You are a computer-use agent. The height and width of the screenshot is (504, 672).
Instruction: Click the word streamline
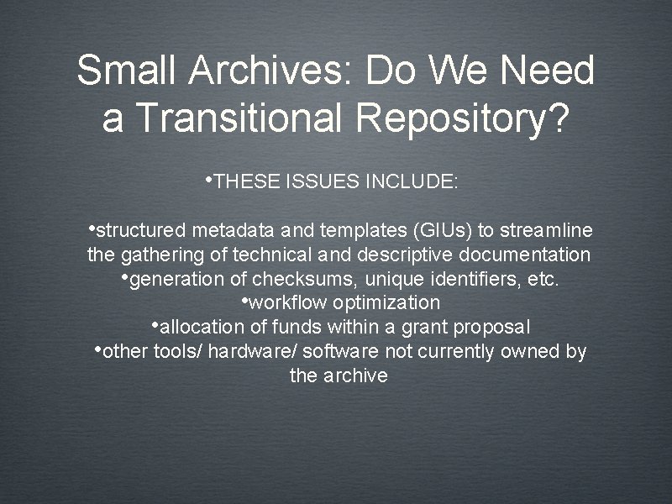tap(546, 231)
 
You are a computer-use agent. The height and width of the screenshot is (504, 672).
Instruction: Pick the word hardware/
tap(244, 351)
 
